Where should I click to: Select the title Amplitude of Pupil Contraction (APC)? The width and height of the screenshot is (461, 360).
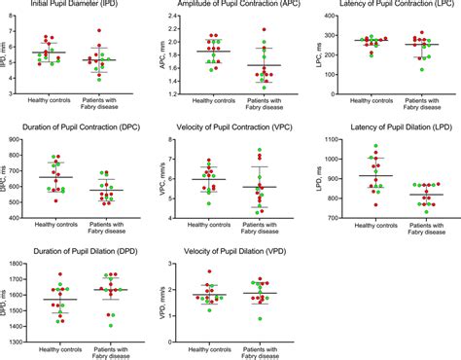point(230,6)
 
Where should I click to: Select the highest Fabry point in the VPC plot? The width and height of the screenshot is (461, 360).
point(259,150)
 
